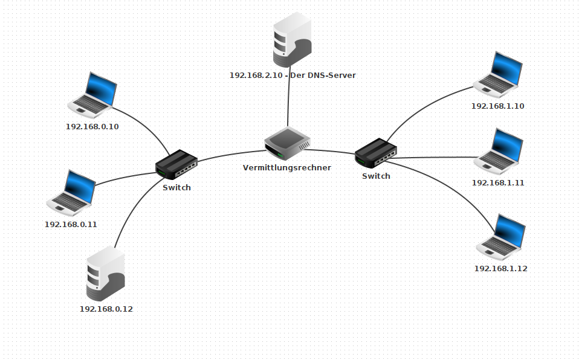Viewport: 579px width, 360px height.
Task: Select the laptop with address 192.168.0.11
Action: [71, 193]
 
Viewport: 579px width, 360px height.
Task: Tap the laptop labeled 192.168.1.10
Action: [498, 74]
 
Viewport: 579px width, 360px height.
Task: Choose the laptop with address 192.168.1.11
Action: [499, 151]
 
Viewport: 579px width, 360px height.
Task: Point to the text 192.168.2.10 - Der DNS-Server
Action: [293, 76]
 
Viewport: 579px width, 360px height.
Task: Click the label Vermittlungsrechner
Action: [287, 167]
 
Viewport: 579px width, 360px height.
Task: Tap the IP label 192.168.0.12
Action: [106, 309]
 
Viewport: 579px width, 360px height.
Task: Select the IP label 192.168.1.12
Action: [501, 268]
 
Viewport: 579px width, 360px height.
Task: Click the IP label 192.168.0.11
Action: [71, 224]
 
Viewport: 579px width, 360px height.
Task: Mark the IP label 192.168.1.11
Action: [498, 182]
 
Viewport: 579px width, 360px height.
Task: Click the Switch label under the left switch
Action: [176, 187]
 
